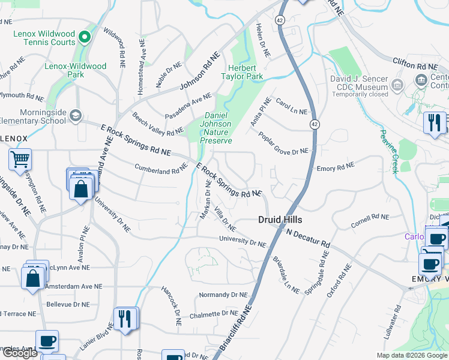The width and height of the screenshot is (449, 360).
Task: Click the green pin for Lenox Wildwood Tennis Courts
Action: [85, 38]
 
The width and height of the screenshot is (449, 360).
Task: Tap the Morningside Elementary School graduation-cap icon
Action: [75, 115]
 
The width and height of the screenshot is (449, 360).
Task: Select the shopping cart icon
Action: [20, 160]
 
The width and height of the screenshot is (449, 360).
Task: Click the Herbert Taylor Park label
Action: [245, 73]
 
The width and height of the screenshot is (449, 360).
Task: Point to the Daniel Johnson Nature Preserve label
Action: [216, 128]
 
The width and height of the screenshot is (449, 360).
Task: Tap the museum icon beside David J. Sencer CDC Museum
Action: [397, 86]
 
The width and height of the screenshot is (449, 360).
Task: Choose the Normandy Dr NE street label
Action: [223, 295]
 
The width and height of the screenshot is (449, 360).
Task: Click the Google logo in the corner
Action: [20, 353]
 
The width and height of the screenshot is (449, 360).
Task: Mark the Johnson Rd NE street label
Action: [197, 77]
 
